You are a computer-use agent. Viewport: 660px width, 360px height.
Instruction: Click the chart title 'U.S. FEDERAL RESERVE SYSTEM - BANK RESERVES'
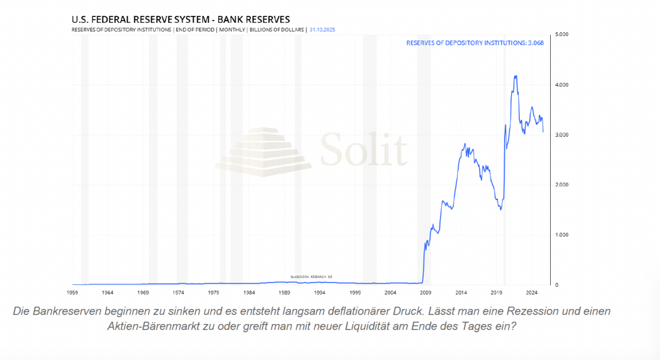coord(180,20)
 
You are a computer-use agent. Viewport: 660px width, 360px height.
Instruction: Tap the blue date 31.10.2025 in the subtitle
coord(322,30)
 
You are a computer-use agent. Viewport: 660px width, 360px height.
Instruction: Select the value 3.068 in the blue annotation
coord(535,43)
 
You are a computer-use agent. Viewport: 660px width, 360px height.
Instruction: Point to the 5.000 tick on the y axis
coord(562,35)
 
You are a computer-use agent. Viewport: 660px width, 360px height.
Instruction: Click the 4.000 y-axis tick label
coord(562,85)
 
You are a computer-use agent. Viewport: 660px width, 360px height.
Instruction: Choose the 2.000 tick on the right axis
coord(562,185)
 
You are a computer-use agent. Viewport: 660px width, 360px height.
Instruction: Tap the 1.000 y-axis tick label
coord(562,235)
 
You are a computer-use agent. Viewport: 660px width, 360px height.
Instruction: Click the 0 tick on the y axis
coord(556,285)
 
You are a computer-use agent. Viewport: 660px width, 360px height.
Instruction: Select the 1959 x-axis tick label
coord(72,293)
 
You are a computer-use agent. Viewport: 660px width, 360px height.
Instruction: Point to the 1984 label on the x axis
coord(249,293)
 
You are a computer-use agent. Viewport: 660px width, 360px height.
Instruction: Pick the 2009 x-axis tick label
coord(425,293)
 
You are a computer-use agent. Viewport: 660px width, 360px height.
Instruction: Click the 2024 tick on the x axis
coord(532,293)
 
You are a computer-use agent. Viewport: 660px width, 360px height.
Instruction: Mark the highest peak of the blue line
coord(515,76)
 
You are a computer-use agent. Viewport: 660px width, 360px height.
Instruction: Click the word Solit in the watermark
coord(364,149)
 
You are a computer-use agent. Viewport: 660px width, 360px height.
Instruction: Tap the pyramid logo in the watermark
coord(263,152)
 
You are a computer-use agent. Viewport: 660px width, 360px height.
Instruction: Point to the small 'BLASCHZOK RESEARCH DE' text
coord(311,277)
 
